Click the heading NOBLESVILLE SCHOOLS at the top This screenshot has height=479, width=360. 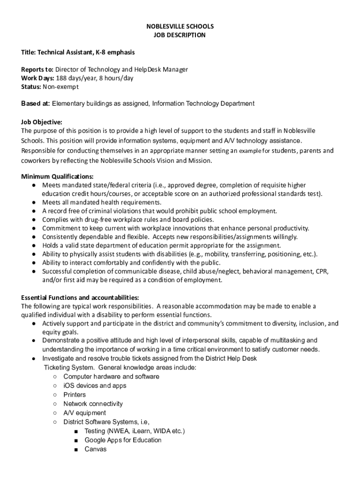click(180, 27)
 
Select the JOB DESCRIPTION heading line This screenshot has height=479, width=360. click(180, 35)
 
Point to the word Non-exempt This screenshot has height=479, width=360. click(60, 87)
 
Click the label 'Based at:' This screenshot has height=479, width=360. click(36, 103)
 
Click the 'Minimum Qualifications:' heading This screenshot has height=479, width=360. click(58, 176)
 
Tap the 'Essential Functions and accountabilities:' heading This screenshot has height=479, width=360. click(80, 298)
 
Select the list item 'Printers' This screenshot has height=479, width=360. click(75, 395)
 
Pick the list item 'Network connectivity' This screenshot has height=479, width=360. click(93, 404)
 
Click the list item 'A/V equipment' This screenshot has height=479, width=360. click(85, 413)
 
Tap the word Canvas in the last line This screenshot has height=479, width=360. click(95, 449)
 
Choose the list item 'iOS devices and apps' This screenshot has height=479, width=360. click(95, 385)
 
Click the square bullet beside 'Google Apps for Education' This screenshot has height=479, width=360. click(75, 440)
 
